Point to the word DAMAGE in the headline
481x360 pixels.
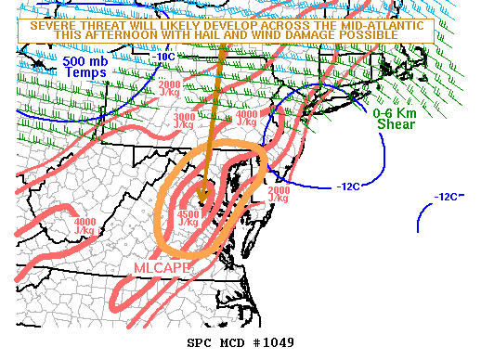pos(336,34)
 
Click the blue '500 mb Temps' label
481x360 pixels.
pos(86,66)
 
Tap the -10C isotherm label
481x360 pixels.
pos(164,57)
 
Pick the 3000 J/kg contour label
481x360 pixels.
pos(186,121)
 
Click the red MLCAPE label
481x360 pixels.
pos(162,267)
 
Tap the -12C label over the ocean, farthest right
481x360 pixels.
pos(448,197)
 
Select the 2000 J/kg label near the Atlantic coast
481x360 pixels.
pos(279,194)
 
